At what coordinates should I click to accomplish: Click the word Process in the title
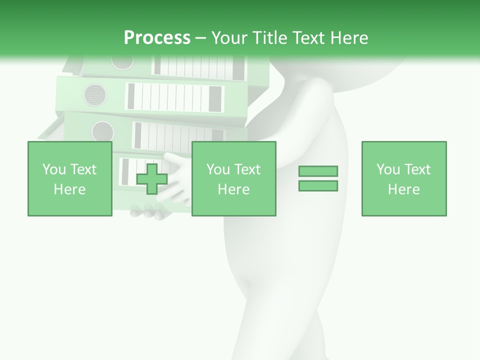pyautogui.click(x=157, y=37)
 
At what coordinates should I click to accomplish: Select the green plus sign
pyautogui.click(x=152, y=178)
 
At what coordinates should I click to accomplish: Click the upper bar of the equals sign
pyautogui.click(x=318, y=171)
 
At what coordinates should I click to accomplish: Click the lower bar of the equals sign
pyautogui.click(x=318, y=186)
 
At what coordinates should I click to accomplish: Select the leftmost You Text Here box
pyautogui.click(x=70, y=178)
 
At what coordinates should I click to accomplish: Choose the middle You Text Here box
pyautogui.click(x=234, y=178)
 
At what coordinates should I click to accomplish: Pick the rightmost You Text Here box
pyautogui.click(x=404, y=178)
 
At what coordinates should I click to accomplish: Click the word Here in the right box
pyautogui.click(x=404, y=189)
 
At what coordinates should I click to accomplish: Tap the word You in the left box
pyautogui.click(x=53, y=169)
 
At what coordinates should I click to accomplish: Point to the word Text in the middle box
pyautogui.click(x=247, y=169)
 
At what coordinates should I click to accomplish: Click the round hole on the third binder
pyautogui.click(x=102, y=131)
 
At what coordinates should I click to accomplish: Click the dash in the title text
pyautogui.click(x=200, y=37)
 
